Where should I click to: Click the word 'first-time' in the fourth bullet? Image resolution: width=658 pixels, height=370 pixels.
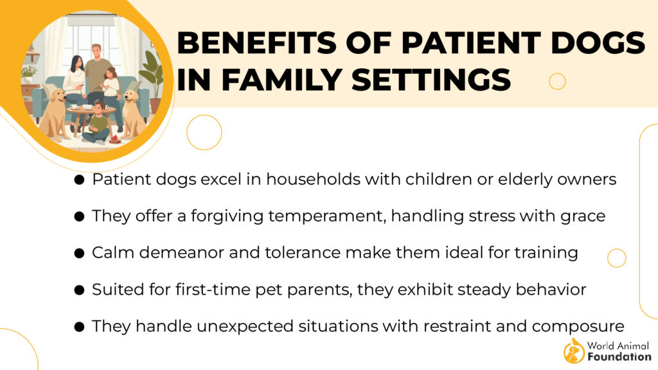click(x=213, y=290)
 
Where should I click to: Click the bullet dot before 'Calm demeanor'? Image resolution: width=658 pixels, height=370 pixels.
click(x=79, y=253)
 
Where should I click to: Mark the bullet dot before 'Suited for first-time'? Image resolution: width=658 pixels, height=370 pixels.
click(x=79, y=290)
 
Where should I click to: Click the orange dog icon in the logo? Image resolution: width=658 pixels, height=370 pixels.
click(x=574, y=351)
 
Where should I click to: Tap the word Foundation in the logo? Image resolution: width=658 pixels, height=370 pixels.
click(x=619, y=357)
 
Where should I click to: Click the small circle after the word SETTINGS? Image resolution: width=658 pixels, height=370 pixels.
click(x=557, y=82)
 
